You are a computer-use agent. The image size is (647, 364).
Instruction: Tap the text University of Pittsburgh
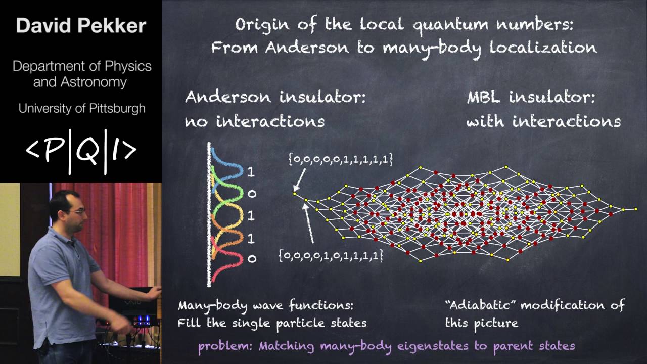point(82,108)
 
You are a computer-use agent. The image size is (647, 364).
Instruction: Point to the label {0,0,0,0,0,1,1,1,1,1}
point(340,159)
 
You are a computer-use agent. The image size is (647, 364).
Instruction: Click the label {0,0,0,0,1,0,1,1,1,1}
point(331,256)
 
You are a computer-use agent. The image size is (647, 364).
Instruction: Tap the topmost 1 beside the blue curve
point(251,172)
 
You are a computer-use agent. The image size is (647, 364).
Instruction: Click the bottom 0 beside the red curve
point(251,259)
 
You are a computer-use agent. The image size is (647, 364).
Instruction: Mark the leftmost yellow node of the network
point(295,193)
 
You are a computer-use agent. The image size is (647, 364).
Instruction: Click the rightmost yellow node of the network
point(636,209)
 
